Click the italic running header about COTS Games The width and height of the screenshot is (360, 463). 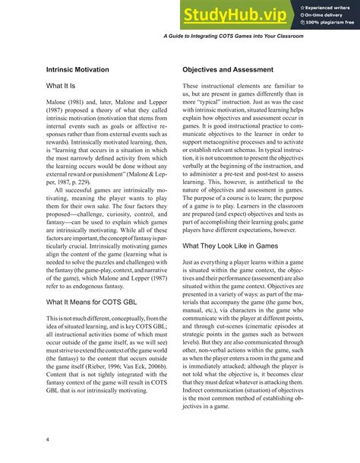click(255, 36)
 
